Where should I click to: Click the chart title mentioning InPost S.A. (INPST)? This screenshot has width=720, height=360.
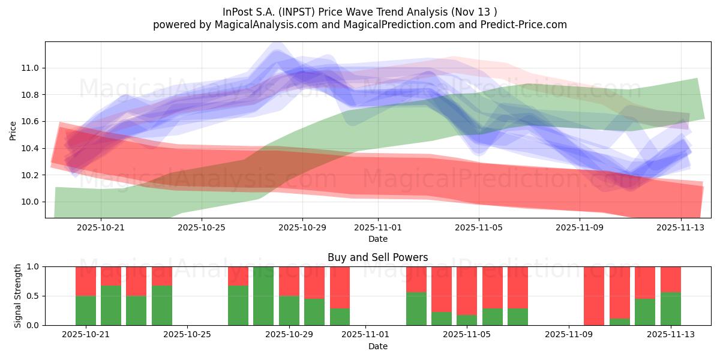tap(359, 11)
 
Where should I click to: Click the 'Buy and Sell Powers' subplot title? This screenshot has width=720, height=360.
tap(377, 257)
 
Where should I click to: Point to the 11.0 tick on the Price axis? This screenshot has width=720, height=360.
tap(31, 68)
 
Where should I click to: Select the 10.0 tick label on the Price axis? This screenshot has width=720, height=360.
tap(31, 202)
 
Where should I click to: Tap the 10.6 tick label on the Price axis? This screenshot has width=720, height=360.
tap(31, 121)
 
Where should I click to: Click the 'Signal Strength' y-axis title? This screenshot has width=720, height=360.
tap(18, 296)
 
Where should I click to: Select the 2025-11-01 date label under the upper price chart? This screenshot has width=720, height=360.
tap(378, 227)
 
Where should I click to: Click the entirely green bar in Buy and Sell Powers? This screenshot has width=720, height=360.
tap(263, 296)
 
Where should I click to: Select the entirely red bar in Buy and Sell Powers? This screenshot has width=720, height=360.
tap(594, 296)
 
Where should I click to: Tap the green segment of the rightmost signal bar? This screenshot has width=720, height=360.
tap(670, 309)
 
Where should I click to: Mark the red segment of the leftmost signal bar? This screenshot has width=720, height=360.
tap(86, 281)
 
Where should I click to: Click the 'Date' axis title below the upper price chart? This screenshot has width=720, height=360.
tap(377, 239)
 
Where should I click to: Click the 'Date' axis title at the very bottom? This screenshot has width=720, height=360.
tap(377, 346)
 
